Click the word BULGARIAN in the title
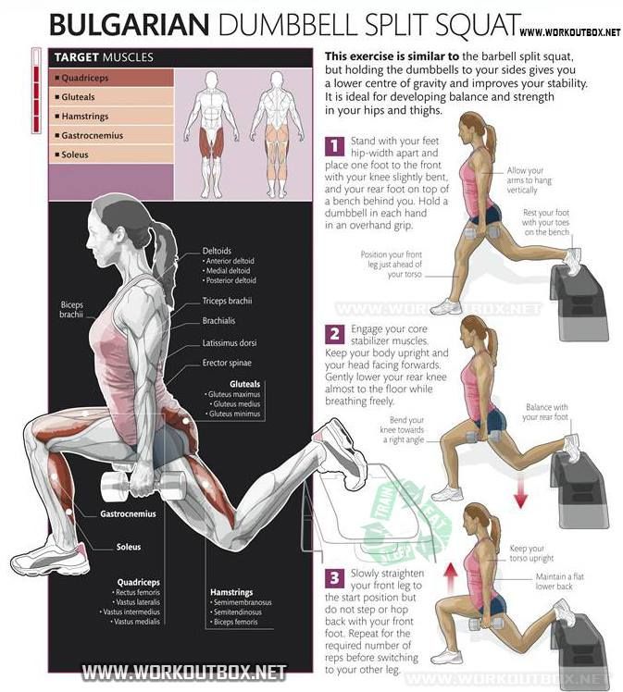tap(130, 25)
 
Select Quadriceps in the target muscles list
tap(85, 78)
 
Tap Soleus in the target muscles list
tap(75, 154)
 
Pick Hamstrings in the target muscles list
tap(85, 116)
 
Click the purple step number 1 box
tap(335, 145)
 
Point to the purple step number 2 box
tap(335, 334)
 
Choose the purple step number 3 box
tap(335, 578)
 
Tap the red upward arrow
tap(451, 577)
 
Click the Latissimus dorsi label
tap(230, 343)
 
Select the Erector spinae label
tap(227, 363)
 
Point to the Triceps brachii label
tap(227, 301)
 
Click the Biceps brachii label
tap(71, 309)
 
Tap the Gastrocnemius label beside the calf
tap(128, 513)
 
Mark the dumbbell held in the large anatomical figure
tap(143, 486)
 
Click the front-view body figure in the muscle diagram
tap(212, 134)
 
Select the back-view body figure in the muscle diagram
tap(277, 134)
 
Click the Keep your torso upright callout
tap(531, 553)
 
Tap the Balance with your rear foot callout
tap(545, 412)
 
